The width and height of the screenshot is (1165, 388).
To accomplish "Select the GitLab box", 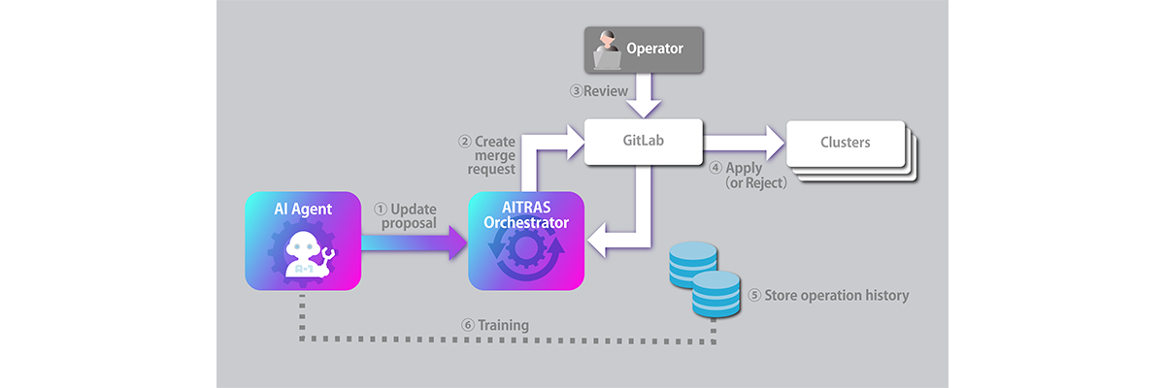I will tap(643, 141).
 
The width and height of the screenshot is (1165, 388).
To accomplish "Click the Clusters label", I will tap(845, 143).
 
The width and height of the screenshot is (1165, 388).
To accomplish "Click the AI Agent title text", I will tap(302, 210).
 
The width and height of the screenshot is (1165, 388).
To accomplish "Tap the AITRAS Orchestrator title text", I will tap(525, 214).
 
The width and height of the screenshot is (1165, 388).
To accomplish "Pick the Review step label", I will tap(599, 91).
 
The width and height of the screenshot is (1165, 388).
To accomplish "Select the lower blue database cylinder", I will tap(716, 294).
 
